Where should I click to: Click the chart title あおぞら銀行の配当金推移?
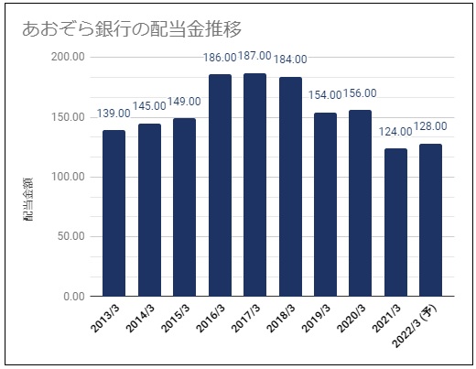[132, 29]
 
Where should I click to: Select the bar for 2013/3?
[114, 213]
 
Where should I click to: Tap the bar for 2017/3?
[254, 185]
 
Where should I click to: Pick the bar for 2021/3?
[395, 222]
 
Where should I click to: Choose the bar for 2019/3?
[325, 204]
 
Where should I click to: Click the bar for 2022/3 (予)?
[430, 220]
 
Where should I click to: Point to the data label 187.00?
[254, 56]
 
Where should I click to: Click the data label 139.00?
[114, 114]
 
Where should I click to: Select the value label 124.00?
[395, 132]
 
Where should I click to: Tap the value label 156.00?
[360, 93]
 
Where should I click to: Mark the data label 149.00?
[184, 102]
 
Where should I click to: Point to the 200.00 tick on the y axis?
[68, 57]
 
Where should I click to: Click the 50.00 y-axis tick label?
[71, 236]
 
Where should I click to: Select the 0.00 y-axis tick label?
[74, 297]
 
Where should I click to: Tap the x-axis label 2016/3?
[211, 318]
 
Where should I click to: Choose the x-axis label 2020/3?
[352, 318]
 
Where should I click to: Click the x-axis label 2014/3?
[140, 318]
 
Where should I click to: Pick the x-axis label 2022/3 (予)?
[415, 326]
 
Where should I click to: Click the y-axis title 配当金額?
[27, 199]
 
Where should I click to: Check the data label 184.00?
[290, 60]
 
